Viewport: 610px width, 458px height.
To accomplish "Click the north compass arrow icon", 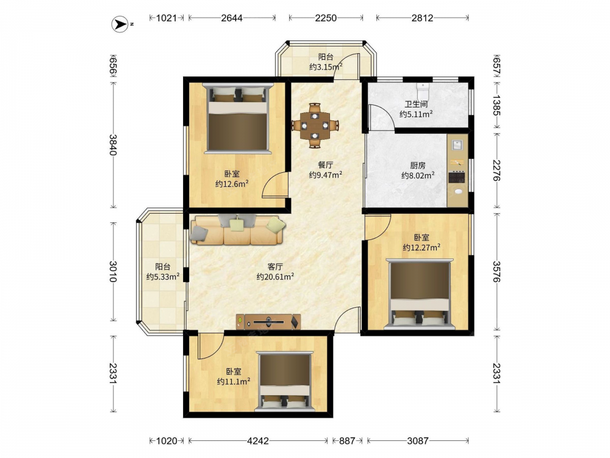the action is [x=120, y=24].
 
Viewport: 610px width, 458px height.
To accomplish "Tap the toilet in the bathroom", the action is [x=422, y=91].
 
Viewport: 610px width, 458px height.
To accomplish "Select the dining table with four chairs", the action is [x=315, y=125].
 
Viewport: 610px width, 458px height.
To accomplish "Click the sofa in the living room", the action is [x=238, y=230].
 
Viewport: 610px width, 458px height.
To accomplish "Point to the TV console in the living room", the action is [x=268, y=322].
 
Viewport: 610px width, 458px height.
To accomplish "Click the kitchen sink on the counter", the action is [x=457, y=145].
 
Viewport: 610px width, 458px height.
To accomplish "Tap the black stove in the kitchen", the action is [x=457, y=177].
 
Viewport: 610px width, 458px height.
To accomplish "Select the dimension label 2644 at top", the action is [x=232, y=18].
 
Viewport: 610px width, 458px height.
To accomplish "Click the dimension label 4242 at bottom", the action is [x=258, y=441].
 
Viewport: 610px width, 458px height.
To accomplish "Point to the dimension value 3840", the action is [x=113, y=145].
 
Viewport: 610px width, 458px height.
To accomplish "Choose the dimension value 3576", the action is [x=497, y=272].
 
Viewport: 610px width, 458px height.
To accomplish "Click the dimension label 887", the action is [x=347, y=441].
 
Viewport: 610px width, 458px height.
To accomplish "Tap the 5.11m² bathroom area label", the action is [x=416, y=114].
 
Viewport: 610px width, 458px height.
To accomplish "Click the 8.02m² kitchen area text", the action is [x=418, y=176].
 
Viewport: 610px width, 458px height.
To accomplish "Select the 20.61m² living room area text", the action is [x=275, y=277].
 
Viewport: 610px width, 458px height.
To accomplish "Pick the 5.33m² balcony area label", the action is [x=163, y=277].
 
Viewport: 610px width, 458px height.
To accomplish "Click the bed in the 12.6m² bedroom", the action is [x=238, y=118].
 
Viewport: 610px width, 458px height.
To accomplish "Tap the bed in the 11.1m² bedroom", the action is [x=285, y=382].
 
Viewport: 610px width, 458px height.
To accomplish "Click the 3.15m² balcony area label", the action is [x=326, y=67].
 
